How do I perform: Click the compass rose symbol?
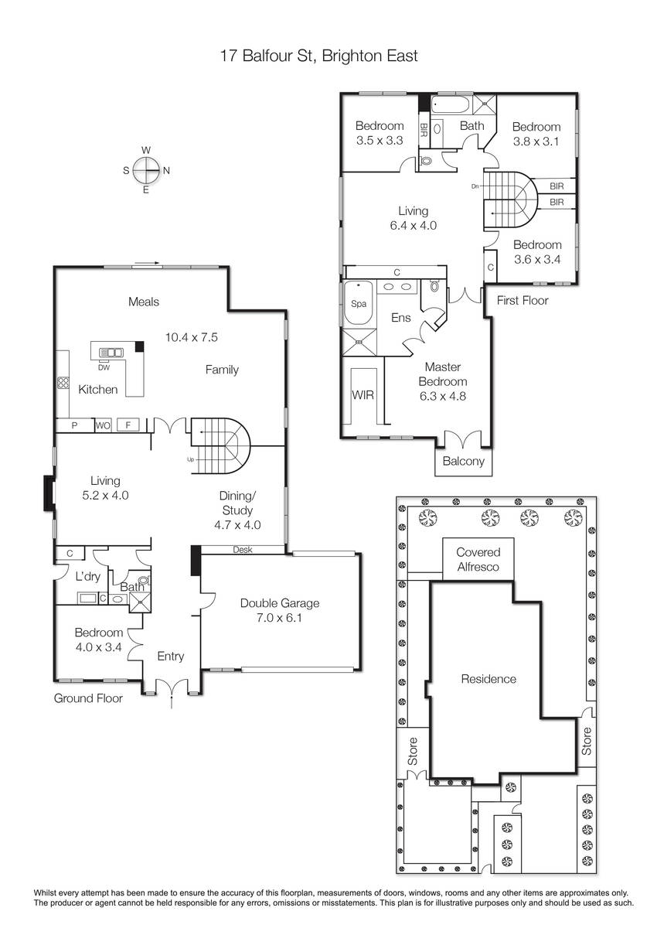tap(146, 170)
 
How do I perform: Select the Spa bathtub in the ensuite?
tap(359, 303)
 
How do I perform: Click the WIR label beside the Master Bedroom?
tap(363, 395)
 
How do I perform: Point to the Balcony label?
tap(463, 461)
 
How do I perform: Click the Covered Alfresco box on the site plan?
tap(478, 559)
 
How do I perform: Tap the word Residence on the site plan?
tap(488, 679)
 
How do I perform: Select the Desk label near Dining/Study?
tap(243, 549)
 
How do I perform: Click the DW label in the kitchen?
tap(104, 367)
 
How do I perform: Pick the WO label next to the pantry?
tap(103, 425)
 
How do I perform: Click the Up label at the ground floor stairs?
tap(190, 459)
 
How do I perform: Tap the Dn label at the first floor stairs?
tap(475, 186)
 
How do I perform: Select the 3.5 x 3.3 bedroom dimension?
tap(380, 141)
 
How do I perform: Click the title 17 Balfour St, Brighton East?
tap(318, 56)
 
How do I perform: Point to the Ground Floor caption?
tap(88, 698)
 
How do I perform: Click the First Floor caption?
tap(523, 300)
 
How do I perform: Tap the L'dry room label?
tap(88, 576)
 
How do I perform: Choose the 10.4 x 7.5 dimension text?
tap(191, 337)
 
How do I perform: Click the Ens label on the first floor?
tap(400, 318)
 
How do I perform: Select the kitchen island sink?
tap(111, 353)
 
